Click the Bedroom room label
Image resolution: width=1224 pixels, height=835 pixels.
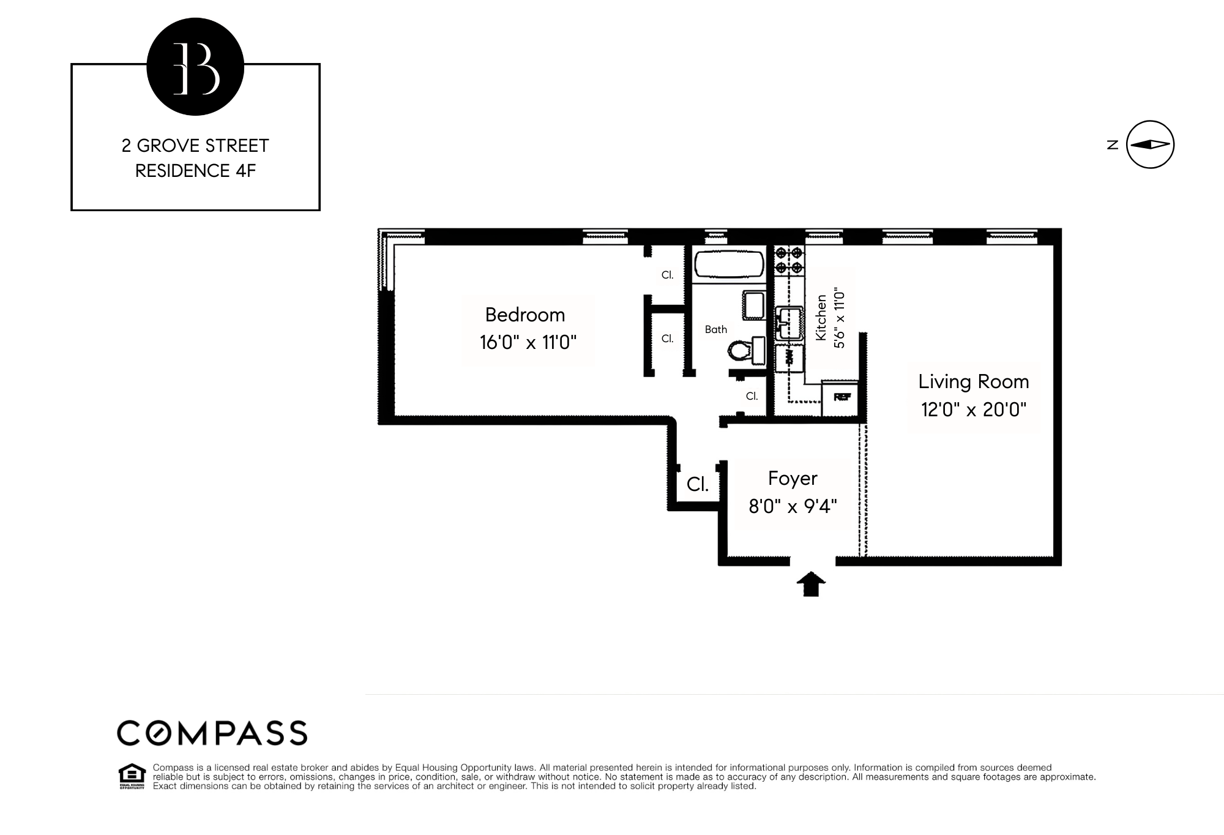pos(525,315)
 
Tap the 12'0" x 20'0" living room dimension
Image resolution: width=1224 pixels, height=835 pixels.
pos(973,409)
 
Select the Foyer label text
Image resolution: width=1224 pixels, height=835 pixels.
pos(793,478)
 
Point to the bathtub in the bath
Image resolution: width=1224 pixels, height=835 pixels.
pos(729,265)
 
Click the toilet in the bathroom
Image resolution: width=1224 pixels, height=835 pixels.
pos(741,351)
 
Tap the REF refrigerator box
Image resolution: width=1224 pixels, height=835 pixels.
pos(841,397)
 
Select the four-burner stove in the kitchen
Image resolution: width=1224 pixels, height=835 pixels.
pos(789,260)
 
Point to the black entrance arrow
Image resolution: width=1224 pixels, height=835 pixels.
pos(811,584)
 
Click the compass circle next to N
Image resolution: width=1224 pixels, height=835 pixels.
pos(1150,144)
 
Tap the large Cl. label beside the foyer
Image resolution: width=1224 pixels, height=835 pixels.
pos(698,484)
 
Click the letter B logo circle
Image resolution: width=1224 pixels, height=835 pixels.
pos(195,67)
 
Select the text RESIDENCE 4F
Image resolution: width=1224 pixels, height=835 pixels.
pos(195,171)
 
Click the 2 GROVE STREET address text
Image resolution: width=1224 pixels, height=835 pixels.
pos(195,146)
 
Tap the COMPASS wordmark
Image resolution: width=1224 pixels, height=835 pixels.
pos(212,733)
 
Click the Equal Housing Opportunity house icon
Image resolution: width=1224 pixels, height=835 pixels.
pos(132,776)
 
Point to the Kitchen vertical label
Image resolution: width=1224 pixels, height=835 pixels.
pos(821,318)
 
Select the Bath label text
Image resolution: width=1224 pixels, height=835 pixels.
pos(715,329)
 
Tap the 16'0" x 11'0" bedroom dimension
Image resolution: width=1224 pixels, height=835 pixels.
pos(528,342)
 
